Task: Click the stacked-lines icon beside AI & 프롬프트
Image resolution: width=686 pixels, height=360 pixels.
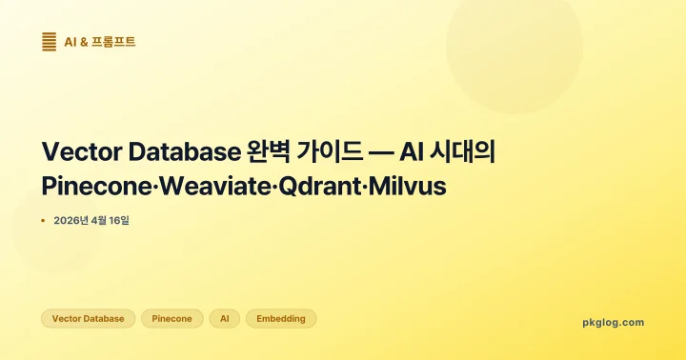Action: pyautogui.click(x=49, y=41)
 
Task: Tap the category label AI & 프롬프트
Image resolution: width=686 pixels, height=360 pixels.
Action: pyautogui.click(x=99, y=42)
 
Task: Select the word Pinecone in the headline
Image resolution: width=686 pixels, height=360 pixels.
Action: pyautogui.click(x=95, y=186)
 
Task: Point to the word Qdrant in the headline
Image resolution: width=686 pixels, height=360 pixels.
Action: pyautogui.click(x=321, y=186)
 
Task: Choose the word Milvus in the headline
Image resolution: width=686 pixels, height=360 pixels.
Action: pyautogui.click(x=412, y=186)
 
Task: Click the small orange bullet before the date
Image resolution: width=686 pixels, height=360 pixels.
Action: pyautogui.click(x=43, y=220)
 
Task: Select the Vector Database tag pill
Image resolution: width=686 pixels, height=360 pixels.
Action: pyautogui.click(x=88, y=319)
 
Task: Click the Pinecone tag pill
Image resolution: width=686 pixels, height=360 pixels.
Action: pyautogui.click(x=172, y=319)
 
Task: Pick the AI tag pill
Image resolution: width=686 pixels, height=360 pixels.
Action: pyautogui.click(x=224, y=319)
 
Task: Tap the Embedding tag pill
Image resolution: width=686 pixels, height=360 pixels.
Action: pyautogui.click(x=281, y=319)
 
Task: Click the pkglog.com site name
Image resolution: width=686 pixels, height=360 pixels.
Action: pyautogui.click(x=613, y=322)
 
